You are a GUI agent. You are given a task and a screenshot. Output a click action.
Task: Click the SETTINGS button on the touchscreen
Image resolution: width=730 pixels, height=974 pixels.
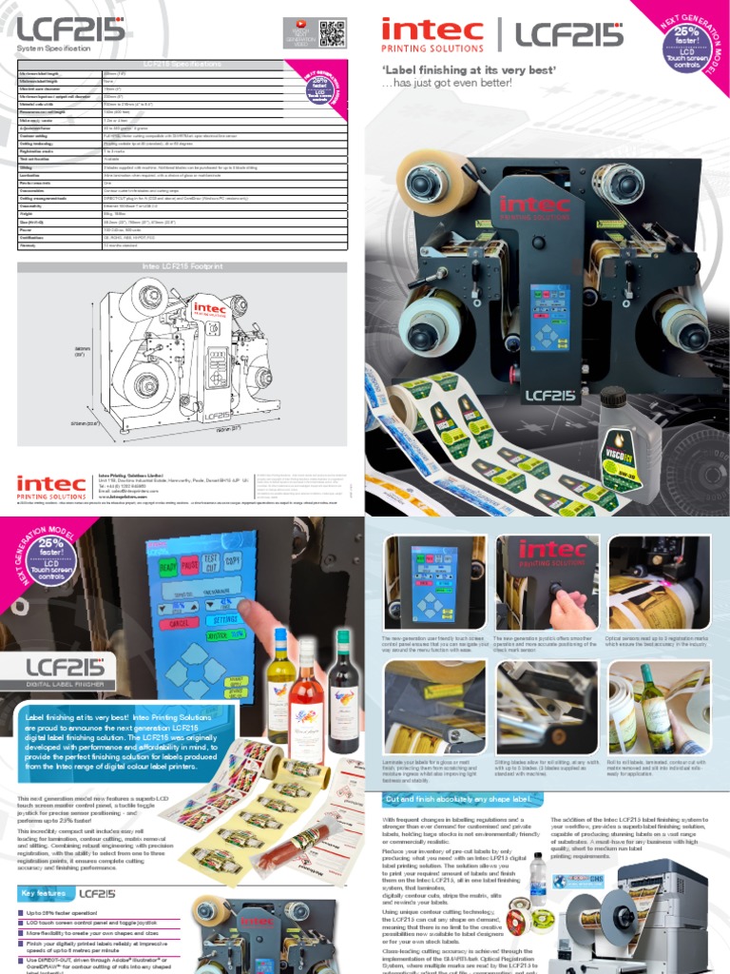[227, 618]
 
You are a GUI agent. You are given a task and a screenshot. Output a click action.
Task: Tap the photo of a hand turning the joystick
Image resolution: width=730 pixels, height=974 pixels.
[547, 583]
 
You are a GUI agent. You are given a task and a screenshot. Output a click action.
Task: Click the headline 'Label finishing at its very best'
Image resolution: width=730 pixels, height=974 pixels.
[468, 70]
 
